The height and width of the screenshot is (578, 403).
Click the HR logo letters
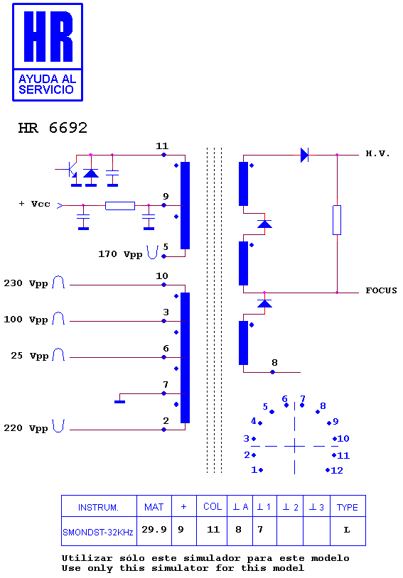coord(48,36)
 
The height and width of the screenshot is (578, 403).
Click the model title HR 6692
coord(53,128)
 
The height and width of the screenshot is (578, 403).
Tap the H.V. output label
coord(377,153)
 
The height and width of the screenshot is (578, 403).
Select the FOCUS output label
coord(381,290)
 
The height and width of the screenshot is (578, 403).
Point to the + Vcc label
coord(34,204)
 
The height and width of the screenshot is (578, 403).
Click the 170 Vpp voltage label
coord(120,254)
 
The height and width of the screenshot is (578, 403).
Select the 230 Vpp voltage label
coord(26,283)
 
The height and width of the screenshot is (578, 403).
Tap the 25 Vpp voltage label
coord(30,356)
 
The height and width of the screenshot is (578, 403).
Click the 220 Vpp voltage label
coord(26,428)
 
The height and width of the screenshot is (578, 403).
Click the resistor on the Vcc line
coord(120,206)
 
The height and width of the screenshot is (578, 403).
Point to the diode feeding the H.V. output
coord(304,155)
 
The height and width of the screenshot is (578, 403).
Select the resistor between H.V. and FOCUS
coord(337,220)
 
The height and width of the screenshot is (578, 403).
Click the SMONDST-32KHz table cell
coord(99,531)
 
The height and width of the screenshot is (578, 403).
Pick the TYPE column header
coord(348,506)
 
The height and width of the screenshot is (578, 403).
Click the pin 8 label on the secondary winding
coord(274,363)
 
